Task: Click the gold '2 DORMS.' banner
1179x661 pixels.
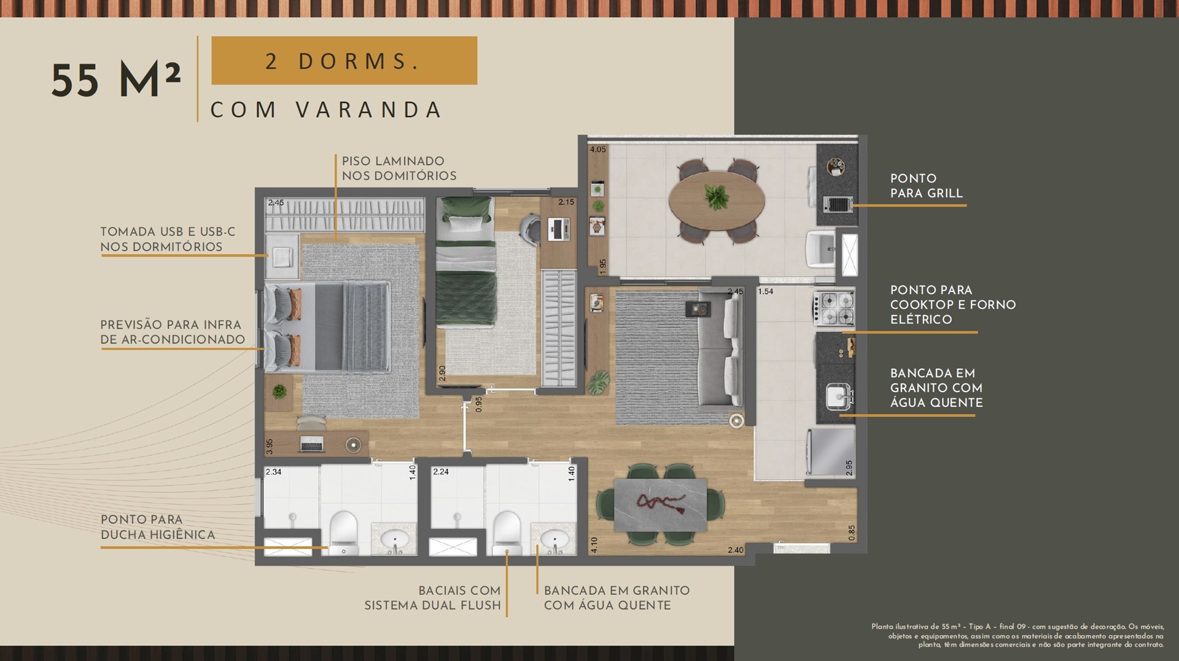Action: click(x=344, y=60)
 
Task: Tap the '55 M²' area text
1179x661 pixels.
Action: click(x=115, y=80)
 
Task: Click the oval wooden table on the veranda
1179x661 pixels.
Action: click(x=717, y=199)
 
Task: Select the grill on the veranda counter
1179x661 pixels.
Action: click(x=838, y=203)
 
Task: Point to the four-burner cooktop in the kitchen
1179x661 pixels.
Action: click(x=834, y=307)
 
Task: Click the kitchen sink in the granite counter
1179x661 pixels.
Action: click(x=838, y=396)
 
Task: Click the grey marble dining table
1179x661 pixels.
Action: click(x=660, y=504)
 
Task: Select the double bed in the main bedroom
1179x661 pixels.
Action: click(x=327, y=327)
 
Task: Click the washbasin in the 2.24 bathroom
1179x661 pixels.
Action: click(x=554, y=540)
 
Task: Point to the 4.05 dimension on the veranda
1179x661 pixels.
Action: click(x=598, y=149)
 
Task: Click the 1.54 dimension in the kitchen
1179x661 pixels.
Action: click(x=766, y=292)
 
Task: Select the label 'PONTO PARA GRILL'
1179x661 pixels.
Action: click(x=926, y=185)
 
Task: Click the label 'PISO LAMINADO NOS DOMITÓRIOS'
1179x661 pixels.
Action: click(x=399, y=168)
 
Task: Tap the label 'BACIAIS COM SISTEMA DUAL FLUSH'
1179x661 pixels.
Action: click(x=432, y=598)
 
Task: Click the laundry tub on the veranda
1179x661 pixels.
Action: click(x=820, y=249)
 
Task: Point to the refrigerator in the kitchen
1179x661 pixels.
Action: click(x=831, y=452)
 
